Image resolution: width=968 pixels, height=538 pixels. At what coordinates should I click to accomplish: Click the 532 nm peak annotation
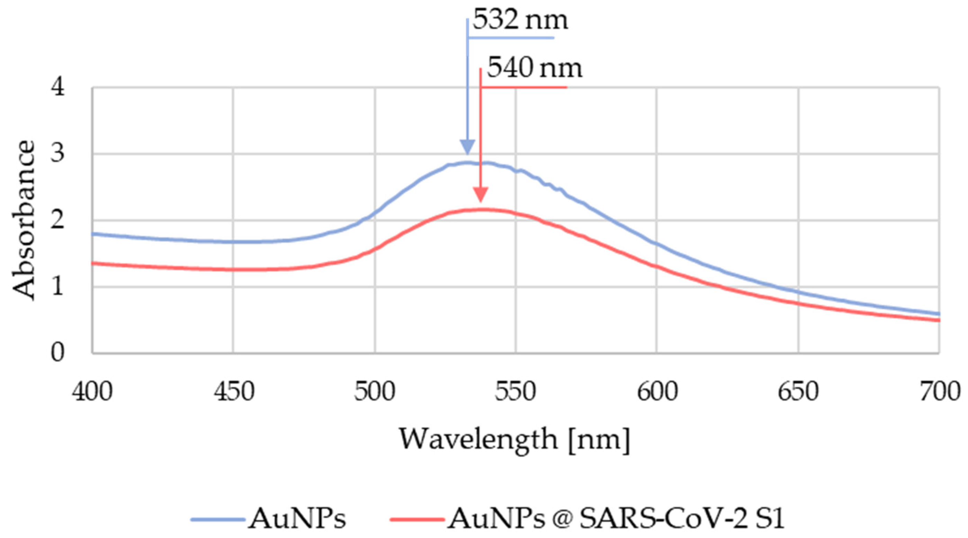click(x=520, y=21)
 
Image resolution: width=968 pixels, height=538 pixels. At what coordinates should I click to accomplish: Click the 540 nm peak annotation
click(x=534, y=69)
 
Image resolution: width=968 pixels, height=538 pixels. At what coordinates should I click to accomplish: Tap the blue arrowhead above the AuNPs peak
click(x=467, y=147)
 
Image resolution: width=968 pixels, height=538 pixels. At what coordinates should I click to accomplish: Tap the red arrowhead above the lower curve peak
click(x=480, y=194)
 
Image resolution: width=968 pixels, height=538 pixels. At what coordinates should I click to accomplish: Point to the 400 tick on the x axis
click(x=92, y=392)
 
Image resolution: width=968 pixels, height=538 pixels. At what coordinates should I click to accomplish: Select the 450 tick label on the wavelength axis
click(x=234, y=392)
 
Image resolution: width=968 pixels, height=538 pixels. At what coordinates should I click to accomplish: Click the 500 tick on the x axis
click(x=375, y=392)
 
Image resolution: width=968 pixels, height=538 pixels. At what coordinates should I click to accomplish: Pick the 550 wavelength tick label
click(x=516, y=392)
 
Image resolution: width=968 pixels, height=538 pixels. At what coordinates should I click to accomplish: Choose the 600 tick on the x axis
click(x=657, y=392)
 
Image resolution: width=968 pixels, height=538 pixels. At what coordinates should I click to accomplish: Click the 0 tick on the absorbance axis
click(x=57, y=353)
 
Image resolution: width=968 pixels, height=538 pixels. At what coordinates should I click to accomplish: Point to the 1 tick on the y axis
click(x=57, y=287)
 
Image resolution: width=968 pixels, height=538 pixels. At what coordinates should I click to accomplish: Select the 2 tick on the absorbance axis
click(x=57, y=221)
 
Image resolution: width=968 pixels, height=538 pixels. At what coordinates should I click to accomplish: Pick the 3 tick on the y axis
click(x=57, y=155)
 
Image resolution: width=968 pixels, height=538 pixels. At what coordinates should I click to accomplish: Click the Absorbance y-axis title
click(x=24, y=220)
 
